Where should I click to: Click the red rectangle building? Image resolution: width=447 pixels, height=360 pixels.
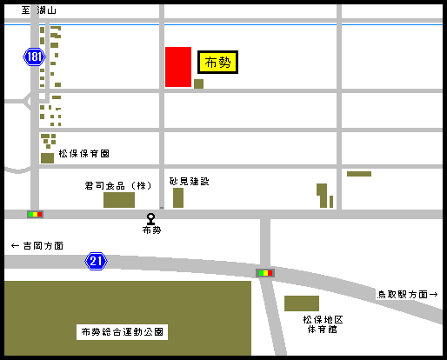178,67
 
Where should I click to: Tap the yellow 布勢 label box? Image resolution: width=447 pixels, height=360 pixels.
217,62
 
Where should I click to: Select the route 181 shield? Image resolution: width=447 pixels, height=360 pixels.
34,57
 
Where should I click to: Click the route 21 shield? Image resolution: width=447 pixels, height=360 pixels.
96,260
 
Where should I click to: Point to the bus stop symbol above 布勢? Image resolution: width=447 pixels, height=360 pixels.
151,218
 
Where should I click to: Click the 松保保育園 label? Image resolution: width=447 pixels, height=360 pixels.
83,153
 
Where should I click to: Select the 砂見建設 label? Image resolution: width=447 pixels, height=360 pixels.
189,181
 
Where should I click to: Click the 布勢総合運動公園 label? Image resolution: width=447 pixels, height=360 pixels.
123,331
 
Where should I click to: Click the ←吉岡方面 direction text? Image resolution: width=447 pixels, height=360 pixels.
37,246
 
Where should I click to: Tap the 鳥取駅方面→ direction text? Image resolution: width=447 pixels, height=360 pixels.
408,294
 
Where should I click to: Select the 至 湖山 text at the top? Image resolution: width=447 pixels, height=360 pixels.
39,10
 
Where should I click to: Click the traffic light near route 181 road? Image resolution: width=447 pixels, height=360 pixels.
35,213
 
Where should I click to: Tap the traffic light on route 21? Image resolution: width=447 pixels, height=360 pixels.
265,273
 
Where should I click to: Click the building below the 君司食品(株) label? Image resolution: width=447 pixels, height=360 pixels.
119,200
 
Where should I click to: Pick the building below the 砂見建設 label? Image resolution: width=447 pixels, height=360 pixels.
178,197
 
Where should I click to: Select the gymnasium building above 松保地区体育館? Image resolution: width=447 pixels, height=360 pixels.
302,303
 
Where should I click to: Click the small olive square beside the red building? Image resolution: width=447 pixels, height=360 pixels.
198,83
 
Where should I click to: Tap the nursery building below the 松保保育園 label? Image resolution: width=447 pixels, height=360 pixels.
47,158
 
